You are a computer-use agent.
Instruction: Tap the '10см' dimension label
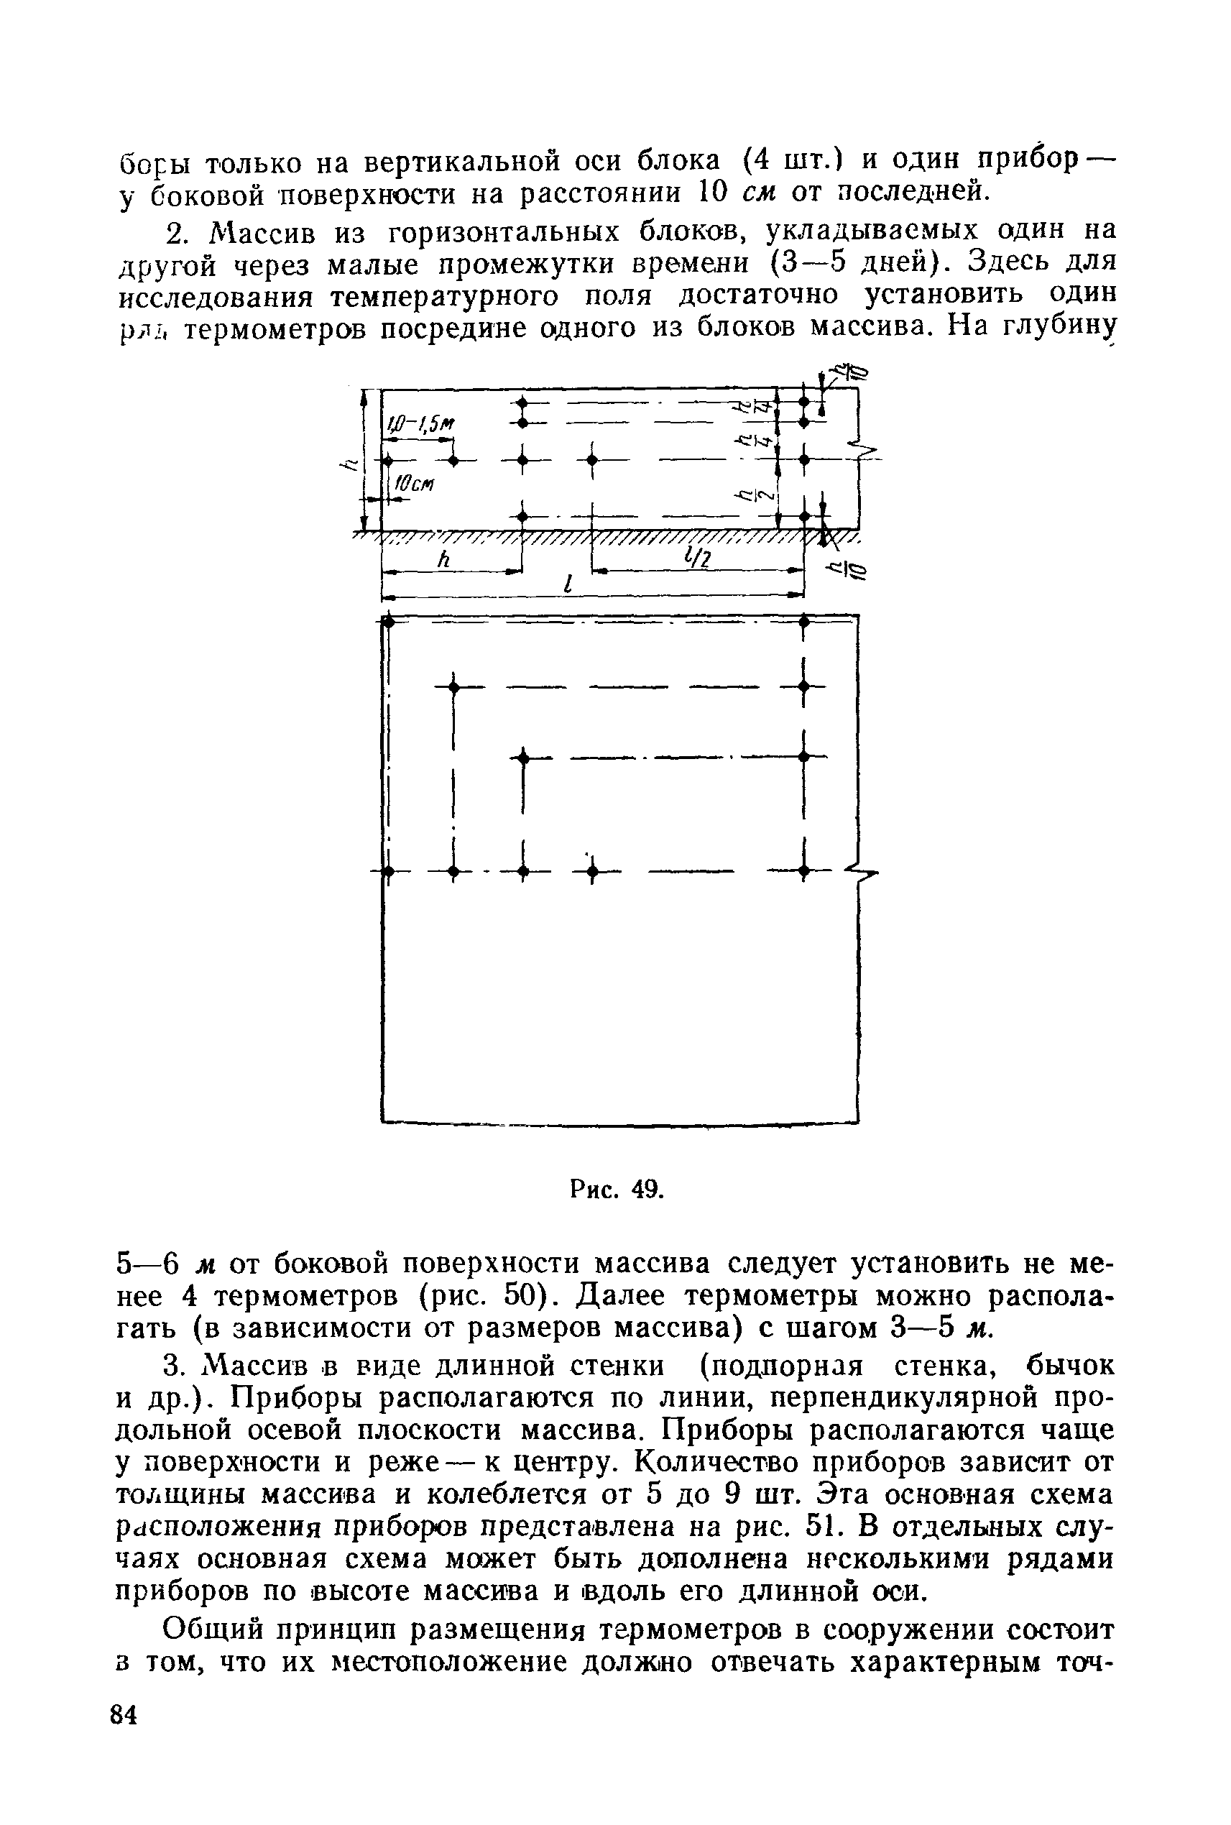tap(413, 484)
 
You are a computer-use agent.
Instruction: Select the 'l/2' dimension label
tap(695, 557)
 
